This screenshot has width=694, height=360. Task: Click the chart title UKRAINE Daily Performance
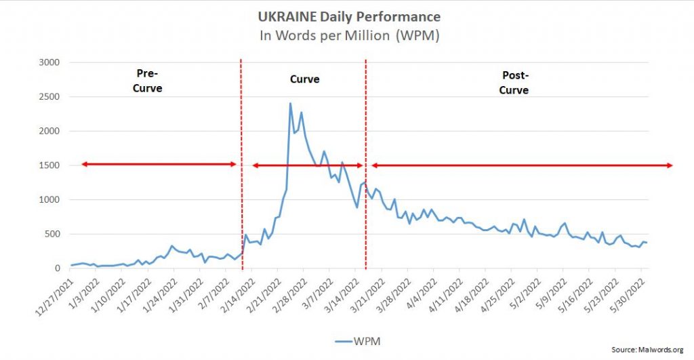tap(349, 16)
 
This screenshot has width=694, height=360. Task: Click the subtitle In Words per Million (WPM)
tap(349, 35)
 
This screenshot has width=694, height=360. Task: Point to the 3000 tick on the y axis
tap(50, 63)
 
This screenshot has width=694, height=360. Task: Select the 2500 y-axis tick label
tap(50, 97)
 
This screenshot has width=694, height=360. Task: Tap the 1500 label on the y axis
tap(50, 165)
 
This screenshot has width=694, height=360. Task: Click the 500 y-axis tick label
tap(53, 235)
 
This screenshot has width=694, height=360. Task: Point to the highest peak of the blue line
tap(290, 104)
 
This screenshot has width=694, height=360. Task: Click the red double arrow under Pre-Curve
tap(159, 164)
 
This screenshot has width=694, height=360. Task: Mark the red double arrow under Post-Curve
tap(521, 165)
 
